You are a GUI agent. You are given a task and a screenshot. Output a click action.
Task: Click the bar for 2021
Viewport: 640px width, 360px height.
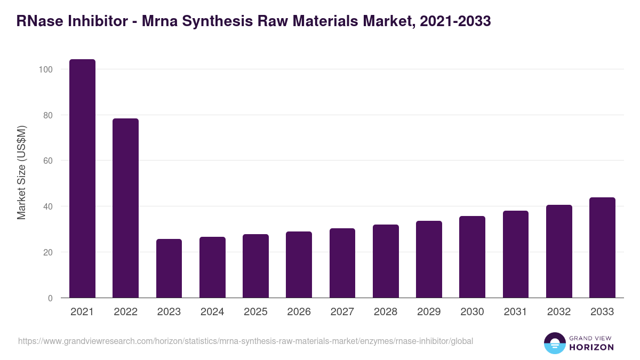click(x=82, y=179)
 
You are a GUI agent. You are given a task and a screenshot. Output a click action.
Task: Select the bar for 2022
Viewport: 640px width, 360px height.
click(x=125, y=208)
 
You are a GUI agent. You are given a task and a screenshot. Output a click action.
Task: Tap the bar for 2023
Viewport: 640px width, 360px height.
click(x=169, y=268)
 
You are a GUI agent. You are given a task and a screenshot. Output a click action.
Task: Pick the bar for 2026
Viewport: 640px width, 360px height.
click(x=299, y=265)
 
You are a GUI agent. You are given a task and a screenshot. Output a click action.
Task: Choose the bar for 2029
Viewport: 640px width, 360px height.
click(x=429, y=259)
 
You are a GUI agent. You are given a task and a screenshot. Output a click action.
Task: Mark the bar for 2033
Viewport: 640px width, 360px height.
click(x=602, y=247)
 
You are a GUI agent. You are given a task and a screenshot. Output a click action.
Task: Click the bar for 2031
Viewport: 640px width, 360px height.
click(x=515, y=254)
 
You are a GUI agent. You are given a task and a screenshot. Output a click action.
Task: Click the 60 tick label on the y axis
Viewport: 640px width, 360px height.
click(x=47, y=161)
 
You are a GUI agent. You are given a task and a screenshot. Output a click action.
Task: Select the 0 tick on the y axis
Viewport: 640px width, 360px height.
click(x=50, y=298)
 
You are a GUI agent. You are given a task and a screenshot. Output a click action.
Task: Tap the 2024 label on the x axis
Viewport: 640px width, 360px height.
click(x=212, y=312)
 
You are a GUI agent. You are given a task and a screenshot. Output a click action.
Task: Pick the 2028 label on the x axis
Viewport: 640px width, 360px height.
click(x=386, y=312)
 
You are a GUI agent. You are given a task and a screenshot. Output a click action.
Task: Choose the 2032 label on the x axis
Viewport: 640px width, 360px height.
click(x=558, y=312)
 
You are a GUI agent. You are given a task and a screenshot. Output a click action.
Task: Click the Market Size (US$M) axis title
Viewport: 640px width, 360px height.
click(x=21, y=172)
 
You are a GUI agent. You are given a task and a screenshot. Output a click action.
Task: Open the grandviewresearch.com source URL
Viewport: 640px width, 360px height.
click(x=245, y=341)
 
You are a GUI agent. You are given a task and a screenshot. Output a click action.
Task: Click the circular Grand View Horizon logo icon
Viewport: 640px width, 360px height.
click(x=554, y=343)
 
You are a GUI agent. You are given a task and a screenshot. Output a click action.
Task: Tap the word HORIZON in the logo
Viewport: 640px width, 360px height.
click(x=591, y=347)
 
